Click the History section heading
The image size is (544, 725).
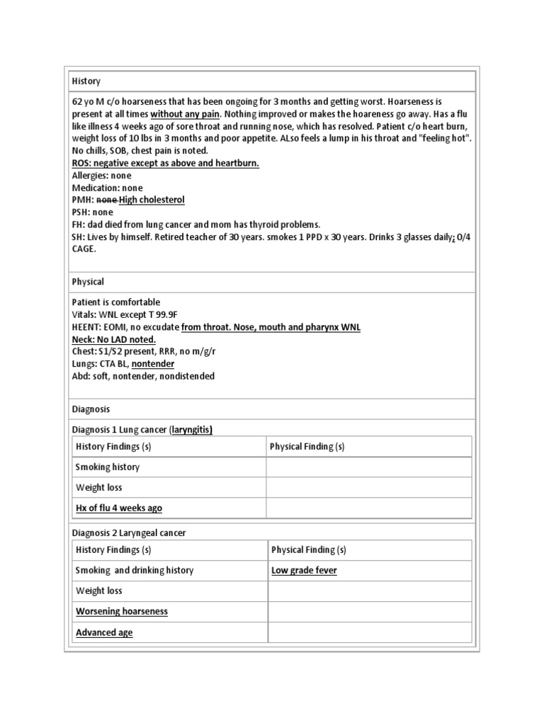(86, 82)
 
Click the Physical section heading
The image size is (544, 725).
(88, 282)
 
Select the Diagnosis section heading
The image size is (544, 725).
(91, 409)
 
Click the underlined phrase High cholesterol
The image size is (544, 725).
(152, 200)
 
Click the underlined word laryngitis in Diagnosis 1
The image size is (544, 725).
(189, 430)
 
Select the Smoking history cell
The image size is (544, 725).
(108, 467)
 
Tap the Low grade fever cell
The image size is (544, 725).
(304, 571)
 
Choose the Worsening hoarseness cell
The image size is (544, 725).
(122, 612)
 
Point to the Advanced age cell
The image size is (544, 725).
(104, 632)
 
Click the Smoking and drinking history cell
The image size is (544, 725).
(135, 571)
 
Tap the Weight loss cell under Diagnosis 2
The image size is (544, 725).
(99, 591)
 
